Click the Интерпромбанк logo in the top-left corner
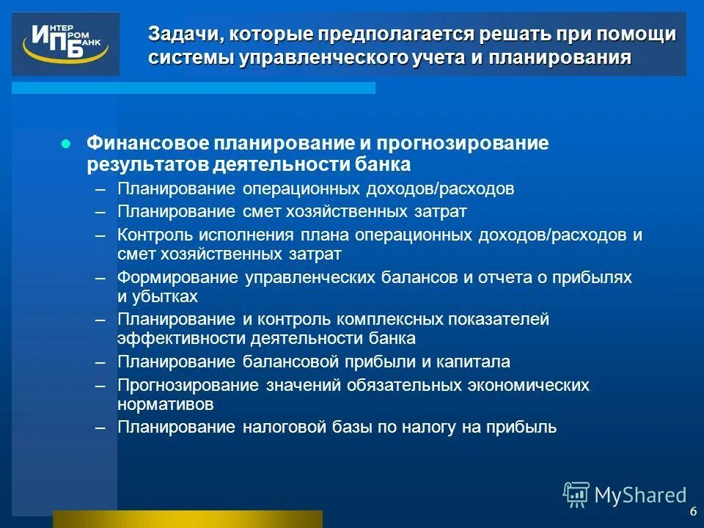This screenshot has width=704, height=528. [65, 44]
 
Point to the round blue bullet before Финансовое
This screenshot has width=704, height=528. [66, 144]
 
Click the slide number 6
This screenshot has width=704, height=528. [693, 511]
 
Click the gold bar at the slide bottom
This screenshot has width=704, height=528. [187, 519]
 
